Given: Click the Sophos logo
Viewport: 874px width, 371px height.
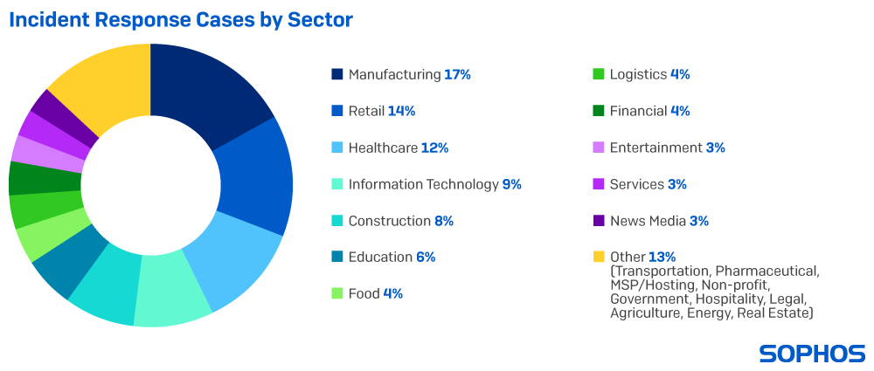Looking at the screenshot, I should tap(812, 354).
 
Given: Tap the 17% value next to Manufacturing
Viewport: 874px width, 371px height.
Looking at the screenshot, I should tap(457, 75).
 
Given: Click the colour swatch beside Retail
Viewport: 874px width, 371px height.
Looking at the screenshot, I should tap(337, 111).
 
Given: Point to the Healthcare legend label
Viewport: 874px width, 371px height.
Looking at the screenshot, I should tap(383, 148).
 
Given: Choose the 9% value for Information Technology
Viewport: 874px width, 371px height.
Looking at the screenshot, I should tap(511, 184).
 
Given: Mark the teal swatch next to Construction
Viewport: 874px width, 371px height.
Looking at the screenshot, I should tap(337, 221).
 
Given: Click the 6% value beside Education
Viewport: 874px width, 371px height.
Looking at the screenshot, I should tap(426, 258).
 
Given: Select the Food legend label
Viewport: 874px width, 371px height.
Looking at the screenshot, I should tap(364, 294).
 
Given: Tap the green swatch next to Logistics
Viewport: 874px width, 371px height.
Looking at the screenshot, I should tap(599, 74).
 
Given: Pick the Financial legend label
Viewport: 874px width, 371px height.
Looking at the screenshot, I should tap(638, 111).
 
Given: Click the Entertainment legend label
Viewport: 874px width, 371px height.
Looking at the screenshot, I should tap(655, 148).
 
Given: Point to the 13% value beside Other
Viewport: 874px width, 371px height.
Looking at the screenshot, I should tap(662, 258).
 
